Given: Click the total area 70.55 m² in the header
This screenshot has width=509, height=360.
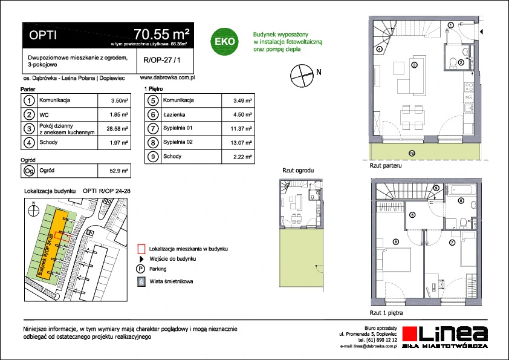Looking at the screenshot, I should tap(163, 33).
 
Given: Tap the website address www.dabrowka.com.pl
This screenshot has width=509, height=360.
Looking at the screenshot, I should tap(166, 77).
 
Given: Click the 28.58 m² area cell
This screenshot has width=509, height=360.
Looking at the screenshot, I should tap(116, 128).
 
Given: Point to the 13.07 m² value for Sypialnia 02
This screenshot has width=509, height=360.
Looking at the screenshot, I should tap(241, 143).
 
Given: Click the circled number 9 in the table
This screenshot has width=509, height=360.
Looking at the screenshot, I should tap(154, 157).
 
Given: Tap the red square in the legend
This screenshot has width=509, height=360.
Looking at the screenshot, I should tap(141, 248).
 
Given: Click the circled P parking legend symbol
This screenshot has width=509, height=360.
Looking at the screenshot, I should tap(141, 269).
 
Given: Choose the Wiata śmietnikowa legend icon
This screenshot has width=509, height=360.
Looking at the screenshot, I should tap(141, 281).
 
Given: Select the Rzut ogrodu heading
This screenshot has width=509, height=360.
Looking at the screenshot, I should tap(299, 171).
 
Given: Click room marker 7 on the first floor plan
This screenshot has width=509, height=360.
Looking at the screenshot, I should tap(452, 243).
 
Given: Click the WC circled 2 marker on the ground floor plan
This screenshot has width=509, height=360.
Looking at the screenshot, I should tap(461, 62).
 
